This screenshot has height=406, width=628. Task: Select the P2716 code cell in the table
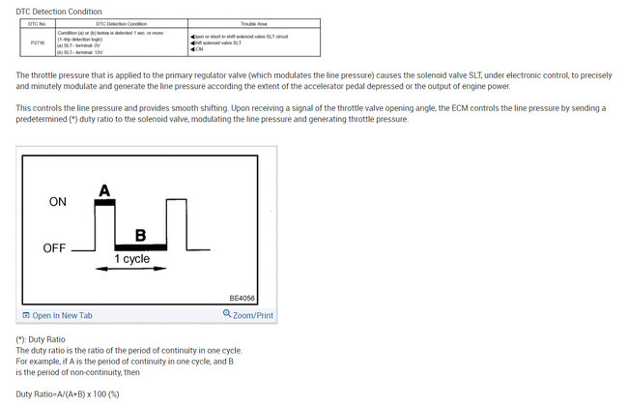point(37,43)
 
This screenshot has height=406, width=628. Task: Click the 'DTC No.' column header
point(37,23)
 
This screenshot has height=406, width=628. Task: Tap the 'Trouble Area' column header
point(255,23)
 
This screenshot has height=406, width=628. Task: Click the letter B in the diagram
point(140,235)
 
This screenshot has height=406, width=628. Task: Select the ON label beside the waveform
point(58,202)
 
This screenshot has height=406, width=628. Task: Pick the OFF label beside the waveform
point(55,248)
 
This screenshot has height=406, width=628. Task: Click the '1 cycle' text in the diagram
point(131,259)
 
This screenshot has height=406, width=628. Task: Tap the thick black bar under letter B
point(141,247)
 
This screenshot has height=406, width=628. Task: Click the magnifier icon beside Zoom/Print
point(227,314)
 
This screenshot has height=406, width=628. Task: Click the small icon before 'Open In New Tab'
point(26,315)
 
